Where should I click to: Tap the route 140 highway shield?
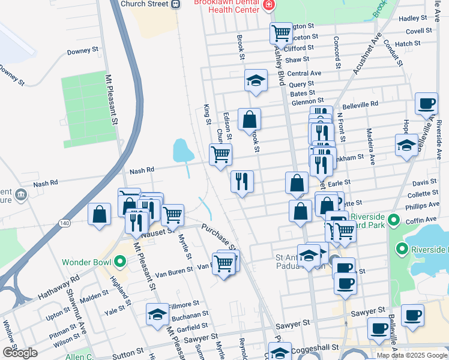(x=64, y=222)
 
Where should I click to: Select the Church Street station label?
(x=145, y=4)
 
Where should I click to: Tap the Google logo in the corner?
(x=20, y=353)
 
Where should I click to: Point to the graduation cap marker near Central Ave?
(x=256, y=81)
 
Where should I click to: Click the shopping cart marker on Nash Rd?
(x=220, y=154)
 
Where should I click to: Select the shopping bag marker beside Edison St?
(x=249, y=119)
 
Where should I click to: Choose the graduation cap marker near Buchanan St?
(x=157, y=314)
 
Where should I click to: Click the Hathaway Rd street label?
(x=59, y=288)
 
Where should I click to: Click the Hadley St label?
(x=413, y=19)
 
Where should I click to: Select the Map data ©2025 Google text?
(x=411, y=355)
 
